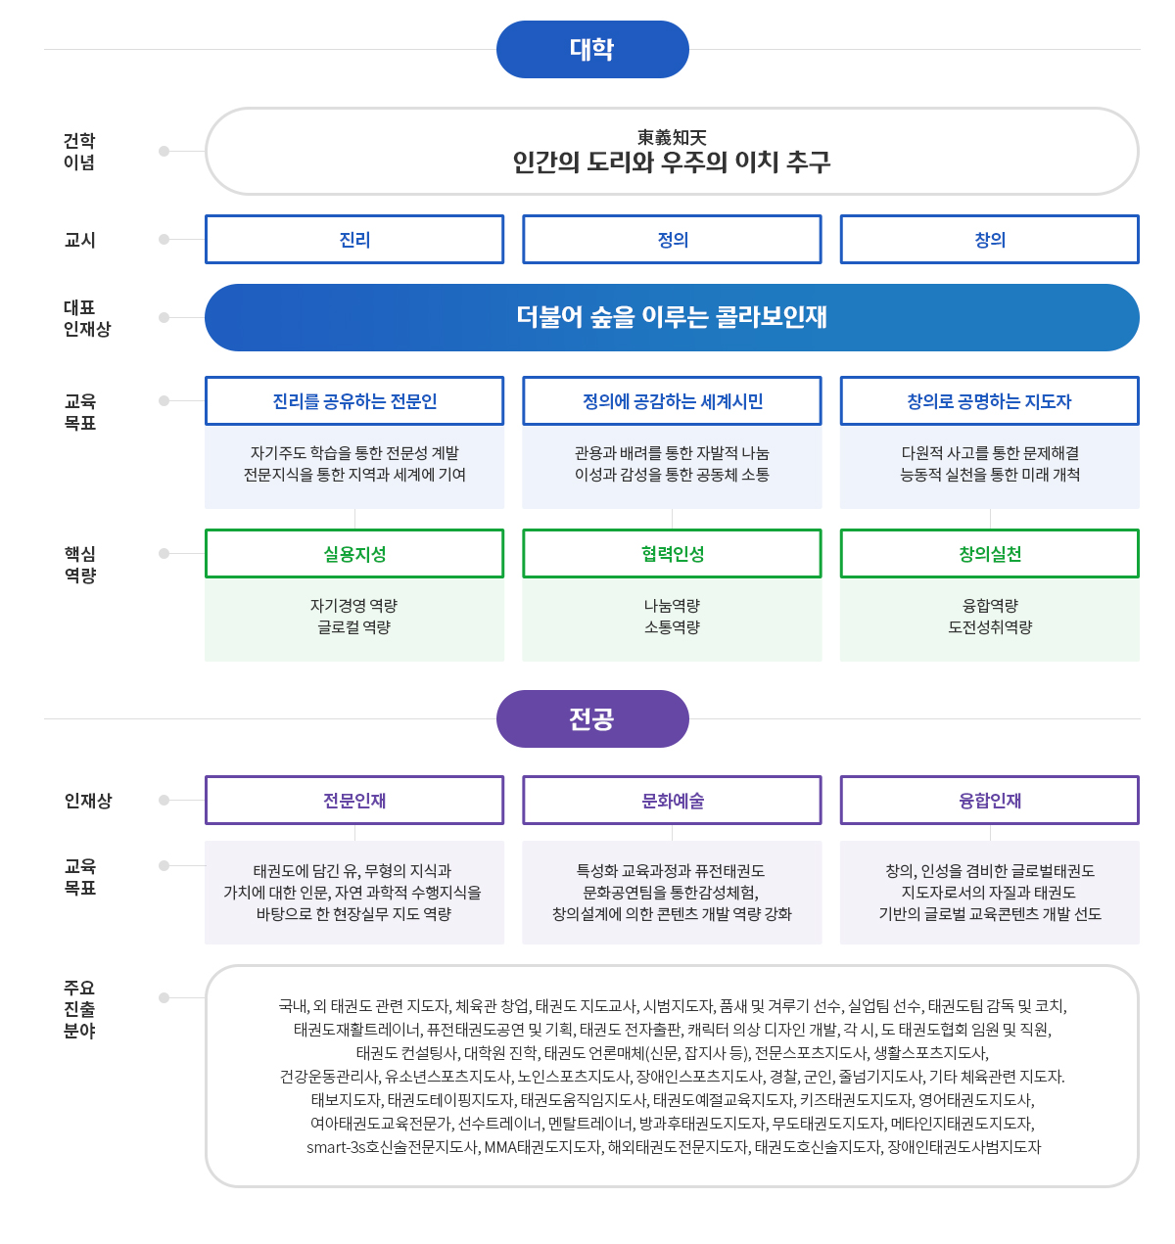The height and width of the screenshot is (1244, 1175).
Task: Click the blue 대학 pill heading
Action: tap(592, 49)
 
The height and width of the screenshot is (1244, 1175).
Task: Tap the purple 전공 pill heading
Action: tap(592, 719)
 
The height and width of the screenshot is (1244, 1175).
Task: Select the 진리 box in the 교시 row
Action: tap(354, 240)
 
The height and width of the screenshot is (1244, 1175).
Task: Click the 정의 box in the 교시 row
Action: tap(672, 240)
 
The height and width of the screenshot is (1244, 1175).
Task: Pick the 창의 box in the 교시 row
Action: tap(989, 240)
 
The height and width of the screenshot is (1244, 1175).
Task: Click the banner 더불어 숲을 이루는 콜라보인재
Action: tap(672, 317)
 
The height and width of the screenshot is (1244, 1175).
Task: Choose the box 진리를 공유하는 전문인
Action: tap(354, 401)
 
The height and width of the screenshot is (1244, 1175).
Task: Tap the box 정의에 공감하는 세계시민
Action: tap(672, 401)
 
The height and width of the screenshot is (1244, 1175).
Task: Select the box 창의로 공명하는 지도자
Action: tap(989, 401)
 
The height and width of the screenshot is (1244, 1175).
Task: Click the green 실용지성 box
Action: tap(354, 554)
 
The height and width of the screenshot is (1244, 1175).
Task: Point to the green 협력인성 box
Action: tap(672, 554)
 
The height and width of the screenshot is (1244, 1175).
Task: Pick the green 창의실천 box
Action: tap(989, 554)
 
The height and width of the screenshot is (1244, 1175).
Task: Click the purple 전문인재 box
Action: tap(354, 801)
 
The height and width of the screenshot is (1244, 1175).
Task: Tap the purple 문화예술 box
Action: tap(672, 801)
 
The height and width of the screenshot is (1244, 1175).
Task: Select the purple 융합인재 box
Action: tap(989, 801)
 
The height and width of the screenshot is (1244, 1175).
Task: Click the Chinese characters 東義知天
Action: tap(672, 138)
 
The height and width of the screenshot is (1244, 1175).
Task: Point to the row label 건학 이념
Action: tap(79, 152)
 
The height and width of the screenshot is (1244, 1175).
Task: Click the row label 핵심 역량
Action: tap(80, 565)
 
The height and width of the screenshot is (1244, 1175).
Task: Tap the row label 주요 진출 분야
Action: tap(79, 1009)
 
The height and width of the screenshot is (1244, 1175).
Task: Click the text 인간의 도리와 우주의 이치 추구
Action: tap(672, 162)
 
